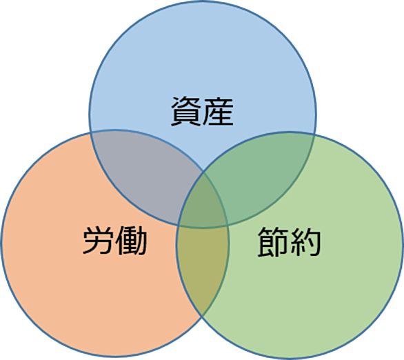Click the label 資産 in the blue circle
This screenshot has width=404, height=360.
click(x=202, y=112)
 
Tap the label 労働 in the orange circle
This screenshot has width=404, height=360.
click(x=115, y=241)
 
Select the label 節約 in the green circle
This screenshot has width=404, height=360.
click(x=289, y=241)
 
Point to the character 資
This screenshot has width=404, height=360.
click(x=186, y=112)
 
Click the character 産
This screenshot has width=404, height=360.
click(x=219, y=112)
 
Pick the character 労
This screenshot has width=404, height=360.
click(x=99, y=241)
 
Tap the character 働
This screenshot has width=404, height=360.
click(x=131, y=241)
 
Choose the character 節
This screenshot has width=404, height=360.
click(x=273, y=241)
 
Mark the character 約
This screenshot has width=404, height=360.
click(x=305, y=241)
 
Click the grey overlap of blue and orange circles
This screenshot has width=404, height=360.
click(x=144, y=175)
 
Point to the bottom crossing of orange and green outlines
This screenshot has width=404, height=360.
click(x=202, y=315)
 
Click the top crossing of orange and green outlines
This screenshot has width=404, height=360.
click(x=203, y=171)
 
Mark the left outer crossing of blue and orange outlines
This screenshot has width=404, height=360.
click(x=91, y=132)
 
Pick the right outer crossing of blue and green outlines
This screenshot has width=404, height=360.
click(x=314, y=134)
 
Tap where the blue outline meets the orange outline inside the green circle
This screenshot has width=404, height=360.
click(x=228, y=226)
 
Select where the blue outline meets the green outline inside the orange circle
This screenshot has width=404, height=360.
click(x=179, y=225)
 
